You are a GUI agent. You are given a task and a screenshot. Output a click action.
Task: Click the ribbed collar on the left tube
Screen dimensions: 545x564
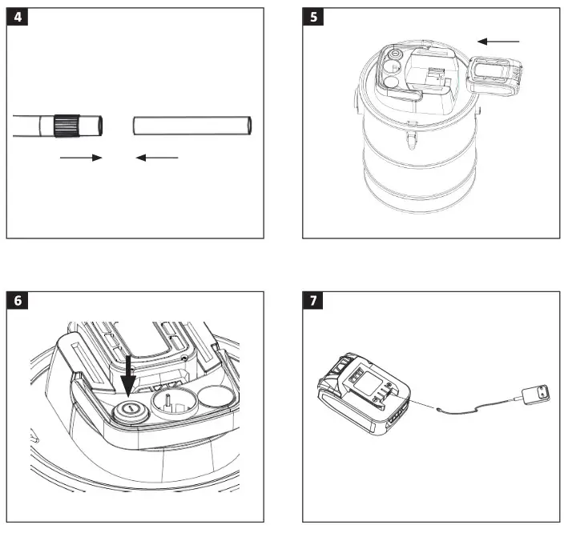(66, 126)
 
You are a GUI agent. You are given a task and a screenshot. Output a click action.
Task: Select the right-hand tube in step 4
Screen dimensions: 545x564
(192, 126)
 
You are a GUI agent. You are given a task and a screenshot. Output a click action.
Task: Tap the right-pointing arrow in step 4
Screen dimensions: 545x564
(82, 158)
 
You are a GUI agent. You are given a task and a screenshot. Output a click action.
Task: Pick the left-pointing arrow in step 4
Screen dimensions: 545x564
(156, 158)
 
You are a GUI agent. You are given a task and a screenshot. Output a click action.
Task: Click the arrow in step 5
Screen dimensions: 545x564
(498, 41)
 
